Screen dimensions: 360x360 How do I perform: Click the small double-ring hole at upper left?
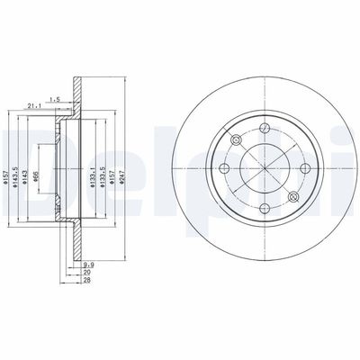(x=236, y=139)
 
